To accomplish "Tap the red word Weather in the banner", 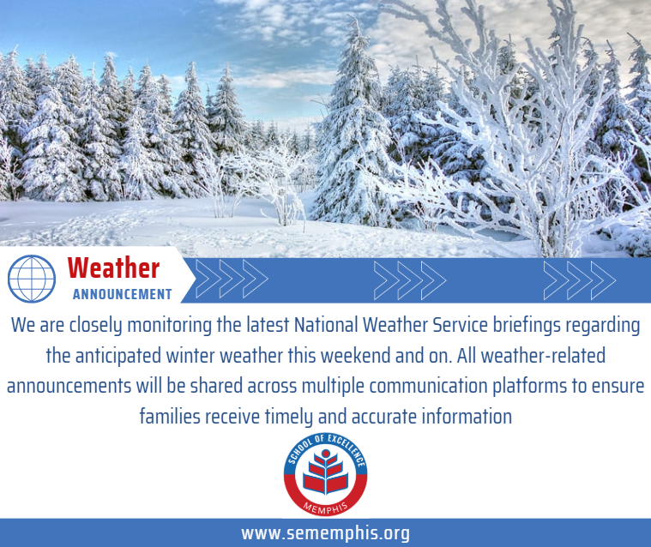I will pyautogui.click(x=113, y=268).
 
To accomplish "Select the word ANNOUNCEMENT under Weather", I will pyautogui.click(x=122, y=294).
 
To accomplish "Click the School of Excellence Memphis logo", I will pyautogui.click(x=325, y=475).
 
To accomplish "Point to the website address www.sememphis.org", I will pyautogui.click(x=325, y=533).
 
